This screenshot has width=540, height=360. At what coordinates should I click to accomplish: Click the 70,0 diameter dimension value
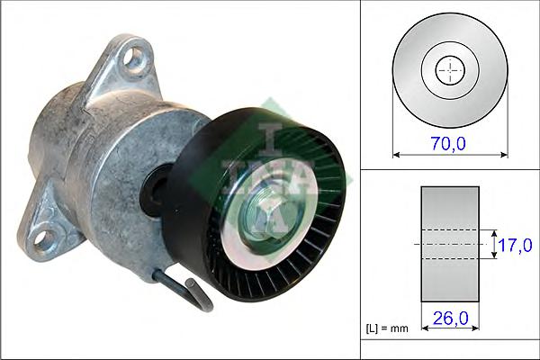pyautogui.click(x=448, y=143)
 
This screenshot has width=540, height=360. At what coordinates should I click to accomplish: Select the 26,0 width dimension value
pyautogui.click(x=451, y=318)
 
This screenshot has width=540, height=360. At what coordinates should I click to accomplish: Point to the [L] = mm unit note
pyautogui.click(x=387, y=328)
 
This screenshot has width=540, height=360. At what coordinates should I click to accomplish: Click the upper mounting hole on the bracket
pyautogui.click(x=133, y=58)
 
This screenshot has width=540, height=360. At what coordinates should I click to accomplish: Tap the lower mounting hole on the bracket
pyautogui.click(x=42, y=240)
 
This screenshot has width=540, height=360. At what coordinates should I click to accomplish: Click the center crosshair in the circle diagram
pyautogui.click(x=450, y=70)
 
